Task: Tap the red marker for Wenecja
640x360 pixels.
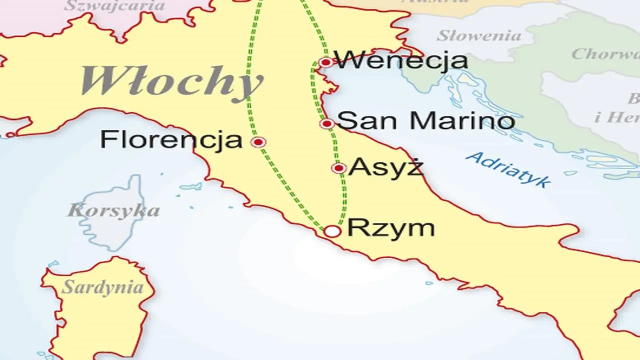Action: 325,62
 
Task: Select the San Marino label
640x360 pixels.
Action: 426,121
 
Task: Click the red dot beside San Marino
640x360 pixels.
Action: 327,123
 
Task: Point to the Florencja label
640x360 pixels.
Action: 171,139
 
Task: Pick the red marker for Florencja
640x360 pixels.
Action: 258,142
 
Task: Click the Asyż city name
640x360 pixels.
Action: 386,167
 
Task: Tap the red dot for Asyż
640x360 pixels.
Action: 339,168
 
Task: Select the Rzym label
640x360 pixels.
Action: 391,228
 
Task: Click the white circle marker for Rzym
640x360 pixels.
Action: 332,231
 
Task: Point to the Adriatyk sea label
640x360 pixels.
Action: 507,169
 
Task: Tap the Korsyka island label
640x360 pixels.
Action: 113,210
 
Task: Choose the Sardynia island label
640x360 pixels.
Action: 102,287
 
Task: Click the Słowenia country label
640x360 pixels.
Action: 479,36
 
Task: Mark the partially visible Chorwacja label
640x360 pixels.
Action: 605,53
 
